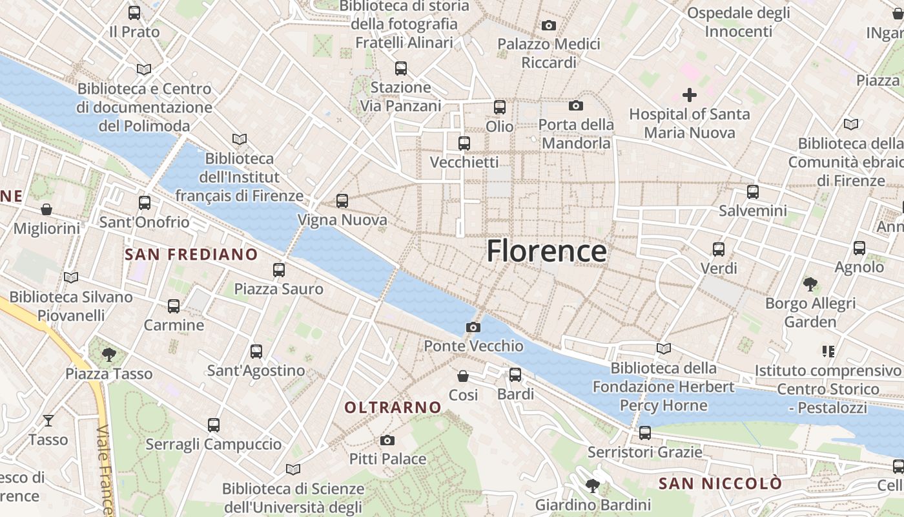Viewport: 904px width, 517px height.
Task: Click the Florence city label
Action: [546, 251]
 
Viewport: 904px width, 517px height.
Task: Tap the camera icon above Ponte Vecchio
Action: [473, 327]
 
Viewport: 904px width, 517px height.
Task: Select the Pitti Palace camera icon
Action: [387, 440]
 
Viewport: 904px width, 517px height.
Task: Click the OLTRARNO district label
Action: [393, 408]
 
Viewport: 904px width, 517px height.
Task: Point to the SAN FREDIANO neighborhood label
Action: [191, 255]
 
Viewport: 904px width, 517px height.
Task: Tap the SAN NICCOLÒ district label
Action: [720, 483]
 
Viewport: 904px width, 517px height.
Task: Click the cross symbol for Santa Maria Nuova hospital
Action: [690, 96]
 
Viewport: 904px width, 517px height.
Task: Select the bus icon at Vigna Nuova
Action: [342, 201]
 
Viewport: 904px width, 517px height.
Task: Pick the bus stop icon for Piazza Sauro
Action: [279, 269]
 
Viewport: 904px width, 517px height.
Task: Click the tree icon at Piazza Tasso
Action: [109, 354]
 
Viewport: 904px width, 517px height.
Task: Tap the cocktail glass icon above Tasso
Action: [48, 421]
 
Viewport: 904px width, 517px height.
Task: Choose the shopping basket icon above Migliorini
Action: [46, 209]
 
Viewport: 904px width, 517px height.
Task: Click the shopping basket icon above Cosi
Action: [463, 375]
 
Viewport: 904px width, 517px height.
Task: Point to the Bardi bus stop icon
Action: [515, 374]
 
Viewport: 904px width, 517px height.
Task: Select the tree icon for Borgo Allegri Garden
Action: [810, 284]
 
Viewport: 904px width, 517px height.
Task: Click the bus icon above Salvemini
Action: [753, 191]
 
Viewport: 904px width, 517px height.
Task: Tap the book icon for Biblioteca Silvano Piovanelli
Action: [71, 278]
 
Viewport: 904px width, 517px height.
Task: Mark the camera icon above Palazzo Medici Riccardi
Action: [549, 25]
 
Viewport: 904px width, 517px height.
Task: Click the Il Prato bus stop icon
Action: [134, 12]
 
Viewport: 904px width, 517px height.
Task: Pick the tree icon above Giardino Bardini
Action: [592, 485]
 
